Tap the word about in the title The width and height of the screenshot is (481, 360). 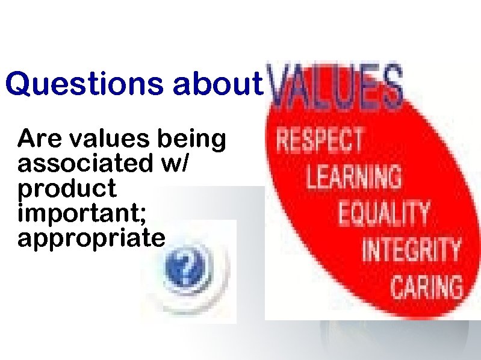pyautogui.click(x=219, y=85)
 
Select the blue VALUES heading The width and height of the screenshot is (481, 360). pyautogui.click(x=335, y=88)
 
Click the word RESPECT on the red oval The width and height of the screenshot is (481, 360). pyautogui.click(x=320, y=140)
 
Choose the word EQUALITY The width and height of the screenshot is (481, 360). pyautogui.click(x=384, y=213)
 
